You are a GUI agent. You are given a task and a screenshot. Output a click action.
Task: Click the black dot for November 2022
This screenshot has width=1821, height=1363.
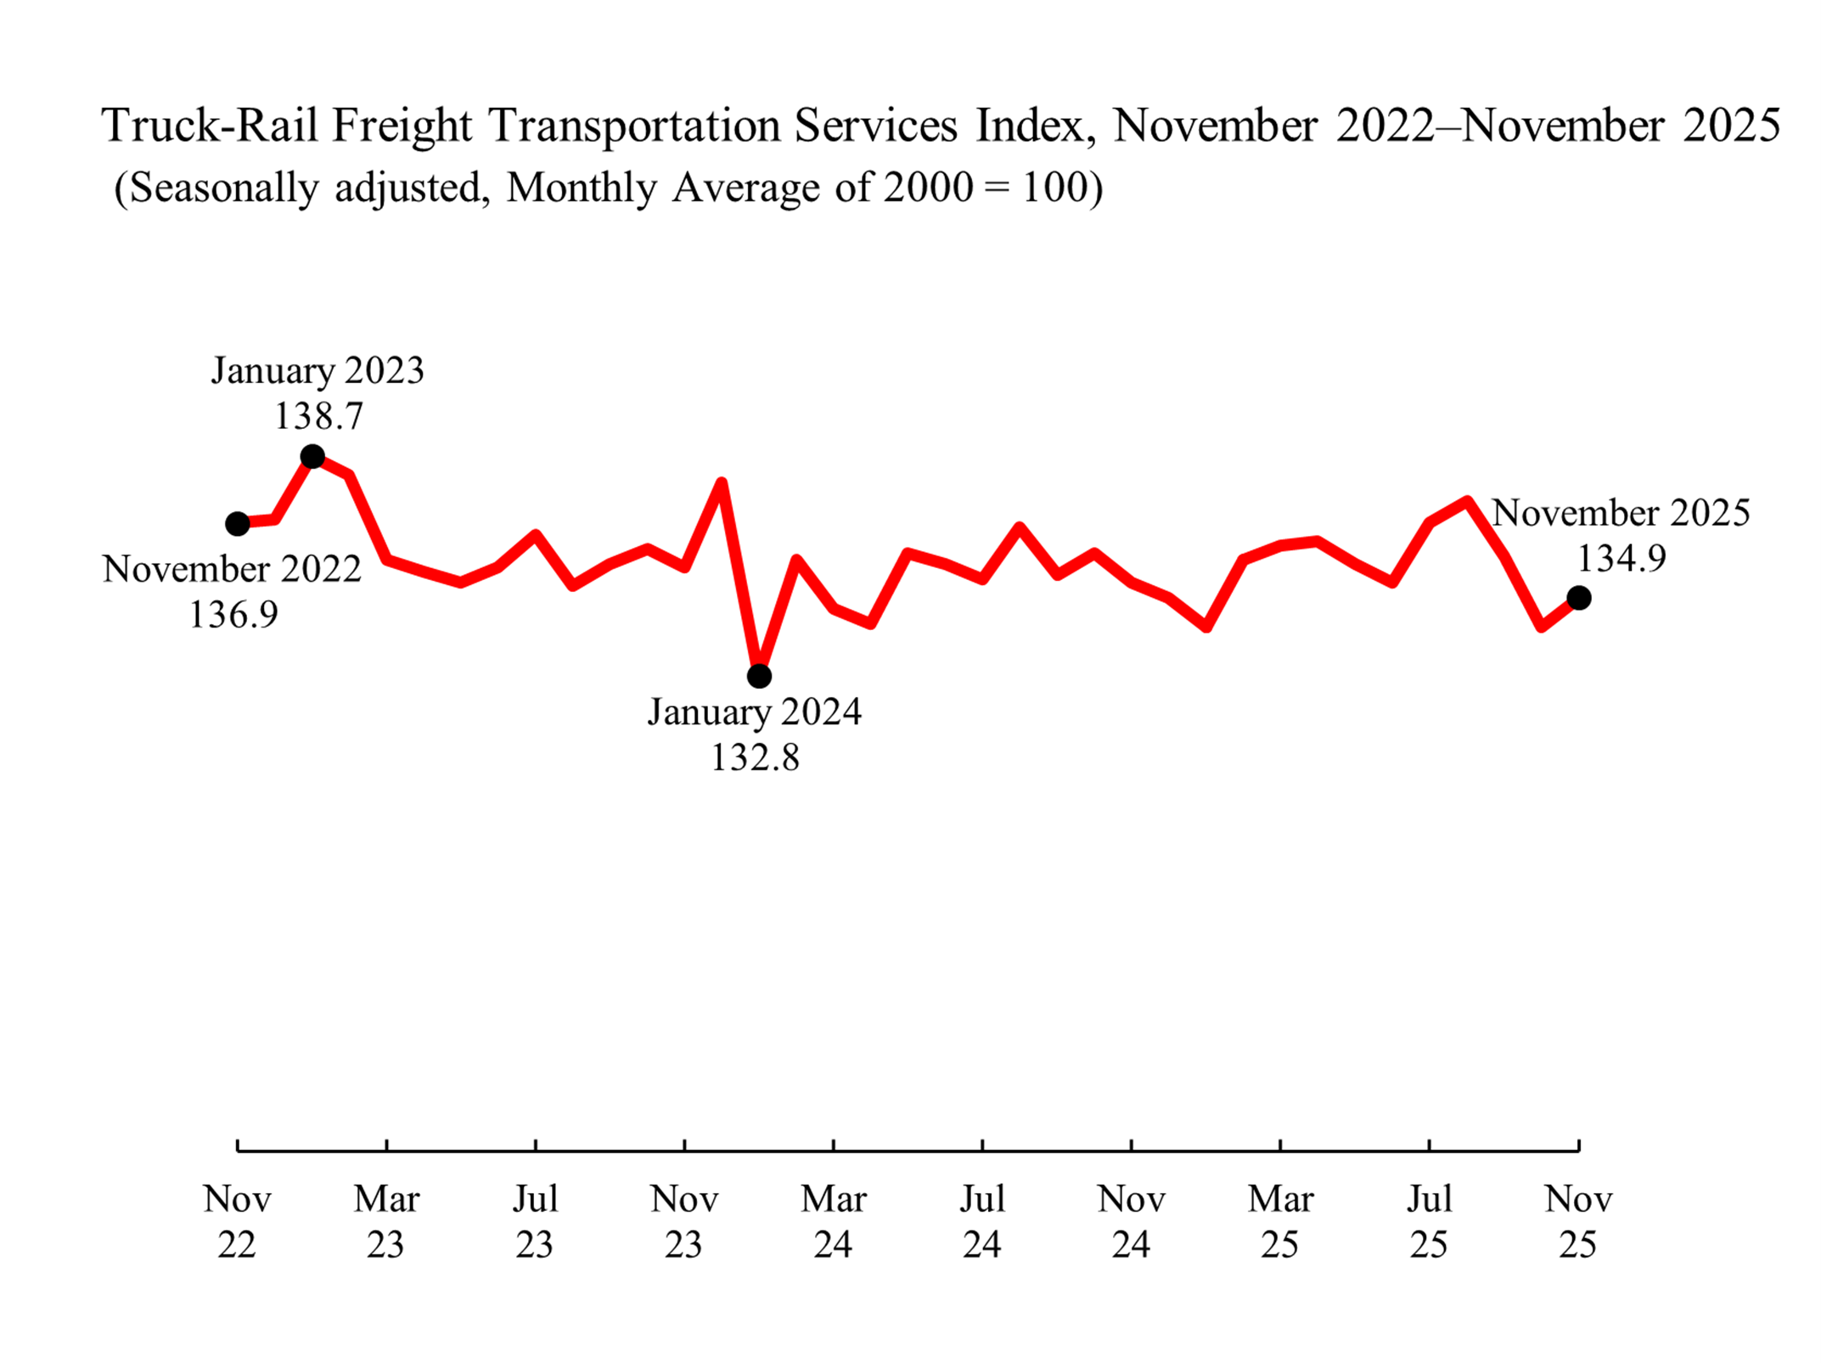point(238,524)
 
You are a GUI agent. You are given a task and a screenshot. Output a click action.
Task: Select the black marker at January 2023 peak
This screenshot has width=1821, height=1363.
point(312,457)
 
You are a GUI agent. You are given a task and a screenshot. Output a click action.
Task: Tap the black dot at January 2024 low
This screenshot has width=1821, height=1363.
point(759,676)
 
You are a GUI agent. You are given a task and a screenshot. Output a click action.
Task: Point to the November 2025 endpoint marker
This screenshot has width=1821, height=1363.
point(1578,598)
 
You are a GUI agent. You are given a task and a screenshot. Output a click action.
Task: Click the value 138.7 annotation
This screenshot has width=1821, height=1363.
point(318,416)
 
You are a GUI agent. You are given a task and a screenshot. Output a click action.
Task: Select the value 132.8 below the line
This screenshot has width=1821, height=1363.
point(755,758)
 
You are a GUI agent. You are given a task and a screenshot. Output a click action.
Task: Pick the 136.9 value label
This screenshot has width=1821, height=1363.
point(233,615)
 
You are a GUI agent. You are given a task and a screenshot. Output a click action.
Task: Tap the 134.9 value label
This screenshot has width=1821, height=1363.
point(1621,559)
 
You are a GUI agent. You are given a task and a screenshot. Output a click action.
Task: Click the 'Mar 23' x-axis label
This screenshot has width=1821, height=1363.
point(386,1221)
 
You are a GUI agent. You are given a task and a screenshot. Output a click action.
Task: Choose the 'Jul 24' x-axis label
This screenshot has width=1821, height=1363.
point(982,1221)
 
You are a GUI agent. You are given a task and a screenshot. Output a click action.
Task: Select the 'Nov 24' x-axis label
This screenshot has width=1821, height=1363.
point(1131,1221)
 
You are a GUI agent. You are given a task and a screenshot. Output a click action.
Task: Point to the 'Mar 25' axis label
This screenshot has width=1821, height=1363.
point(1280,1221)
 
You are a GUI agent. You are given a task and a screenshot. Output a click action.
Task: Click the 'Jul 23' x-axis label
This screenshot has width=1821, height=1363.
point(535,1221)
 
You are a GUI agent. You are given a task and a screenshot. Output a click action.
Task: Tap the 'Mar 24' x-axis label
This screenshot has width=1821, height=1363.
point(833,1221)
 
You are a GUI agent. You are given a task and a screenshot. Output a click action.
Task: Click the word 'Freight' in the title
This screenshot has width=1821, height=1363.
point(402,126)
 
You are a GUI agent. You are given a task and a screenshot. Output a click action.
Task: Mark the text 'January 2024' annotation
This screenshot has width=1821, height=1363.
point(755,712)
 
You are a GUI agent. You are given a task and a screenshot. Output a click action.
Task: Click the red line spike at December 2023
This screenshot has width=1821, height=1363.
point(721,485)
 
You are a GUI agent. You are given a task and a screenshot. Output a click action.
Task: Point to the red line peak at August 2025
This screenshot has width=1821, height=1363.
point(1466,502)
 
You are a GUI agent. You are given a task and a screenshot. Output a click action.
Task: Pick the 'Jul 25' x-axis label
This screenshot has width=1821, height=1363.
point(1430,1221)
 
